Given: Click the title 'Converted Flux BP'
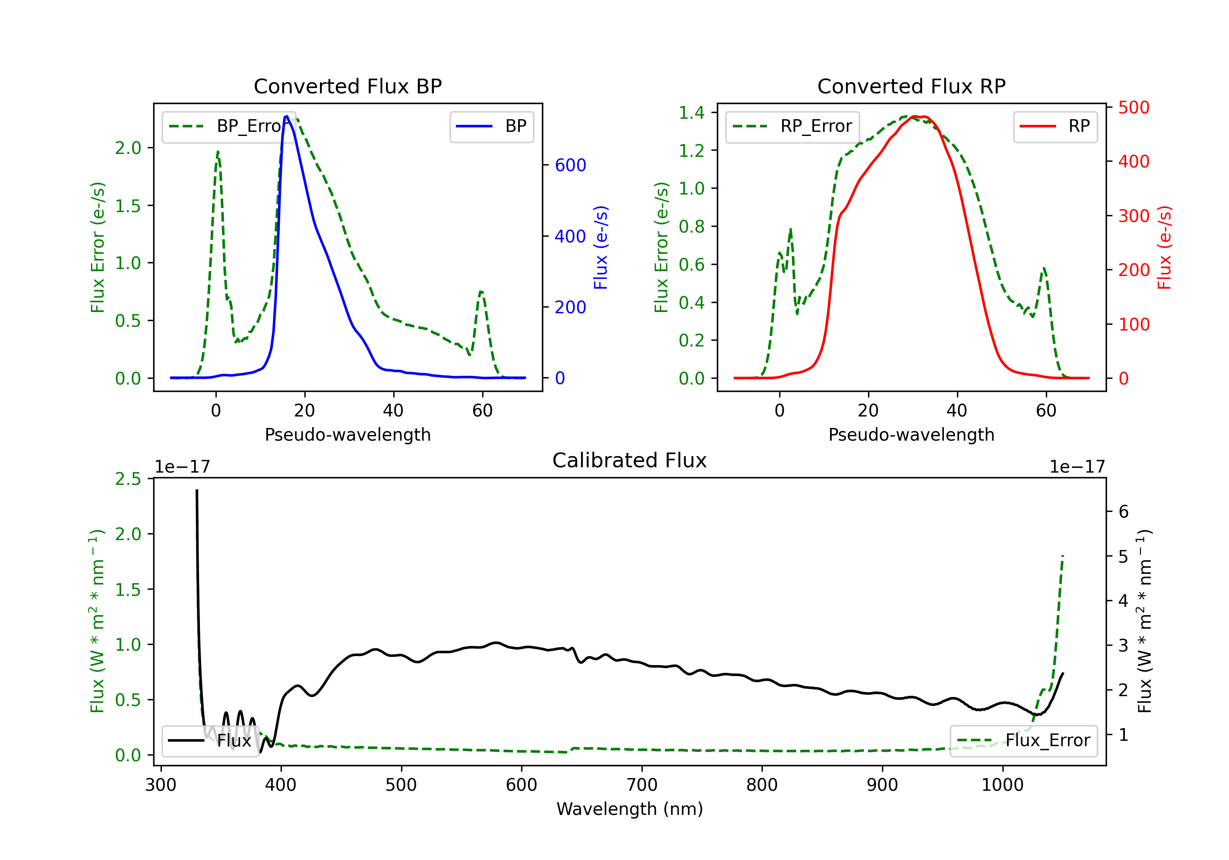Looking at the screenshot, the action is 347,86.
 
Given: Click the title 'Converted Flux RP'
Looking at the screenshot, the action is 911,86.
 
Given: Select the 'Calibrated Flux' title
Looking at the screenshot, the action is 630,460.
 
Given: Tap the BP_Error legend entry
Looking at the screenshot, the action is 229,126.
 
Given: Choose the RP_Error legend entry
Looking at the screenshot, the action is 792,126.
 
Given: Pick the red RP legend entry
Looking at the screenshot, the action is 1055,126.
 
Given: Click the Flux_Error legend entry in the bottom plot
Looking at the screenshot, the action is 1023,741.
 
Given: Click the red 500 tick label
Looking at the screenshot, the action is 1134,108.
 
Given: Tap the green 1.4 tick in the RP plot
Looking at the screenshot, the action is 692,112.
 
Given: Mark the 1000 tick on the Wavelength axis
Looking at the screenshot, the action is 1002,785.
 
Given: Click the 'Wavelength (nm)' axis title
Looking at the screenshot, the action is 630,809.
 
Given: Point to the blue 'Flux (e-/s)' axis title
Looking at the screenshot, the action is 601,247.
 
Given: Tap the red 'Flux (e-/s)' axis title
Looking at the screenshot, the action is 1164,247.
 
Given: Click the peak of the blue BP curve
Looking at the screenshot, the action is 287,116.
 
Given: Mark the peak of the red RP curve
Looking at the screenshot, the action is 915,116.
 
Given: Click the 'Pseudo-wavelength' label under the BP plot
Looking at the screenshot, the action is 348,435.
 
